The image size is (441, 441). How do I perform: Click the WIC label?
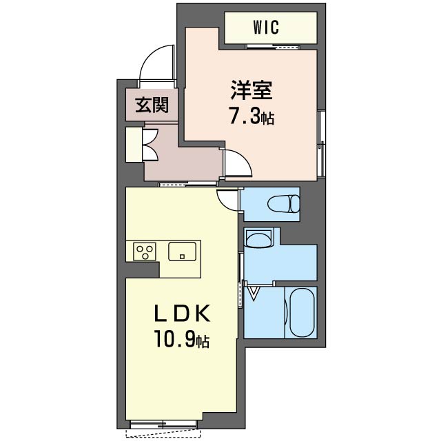tap(266, 28)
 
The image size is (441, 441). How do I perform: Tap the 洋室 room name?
tap(252, 90)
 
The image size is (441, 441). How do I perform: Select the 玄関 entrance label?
tap(152, 105)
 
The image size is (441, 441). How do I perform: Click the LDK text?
tap(182, 314)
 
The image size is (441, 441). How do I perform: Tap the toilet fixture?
tap(284, 203)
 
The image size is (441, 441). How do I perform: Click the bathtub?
tap(302, 312)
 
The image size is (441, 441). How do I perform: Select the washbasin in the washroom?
tap(259, 238)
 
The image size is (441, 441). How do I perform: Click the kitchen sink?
tap(182, 252)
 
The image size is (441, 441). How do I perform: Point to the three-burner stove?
tap(145, 252)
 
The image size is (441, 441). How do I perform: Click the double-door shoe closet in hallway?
tap(150, 145)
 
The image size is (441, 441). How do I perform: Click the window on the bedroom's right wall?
tap(321, 143)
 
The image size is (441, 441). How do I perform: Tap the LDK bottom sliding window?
tap(163, 424)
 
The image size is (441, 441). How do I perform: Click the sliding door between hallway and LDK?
tap(188, 184)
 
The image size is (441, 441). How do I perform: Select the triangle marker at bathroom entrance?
tap(254, 294)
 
